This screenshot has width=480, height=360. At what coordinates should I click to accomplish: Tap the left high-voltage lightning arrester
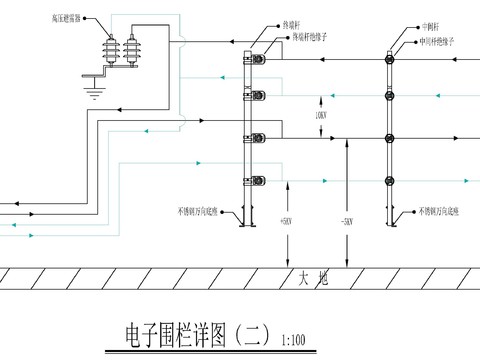(109, 51)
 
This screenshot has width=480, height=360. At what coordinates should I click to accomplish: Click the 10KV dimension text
(320, 117)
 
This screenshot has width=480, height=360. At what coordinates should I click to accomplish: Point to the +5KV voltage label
(284, 221)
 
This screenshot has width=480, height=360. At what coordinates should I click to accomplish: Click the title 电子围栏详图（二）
(196, 334)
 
